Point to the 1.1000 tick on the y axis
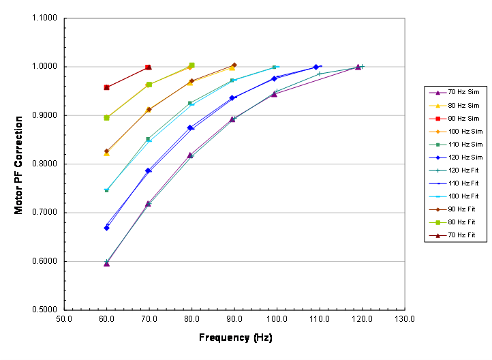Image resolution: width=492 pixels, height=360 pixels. click(x=45, y=18)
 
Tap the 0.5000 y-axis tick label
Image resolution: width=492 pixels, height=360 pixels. click(x=45, y=310)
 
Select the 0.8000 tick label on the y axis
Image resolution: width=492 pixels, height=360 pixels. click(x=45, y=164)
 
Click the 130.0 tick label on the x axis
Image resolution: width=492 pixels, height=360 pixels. click(x=405, y=318)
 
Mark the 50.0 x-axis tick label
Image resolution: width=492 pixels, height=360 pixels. click(x=65, y=318)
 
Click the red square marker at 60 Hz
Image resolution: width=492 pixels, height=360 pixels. click(x=106, y=87)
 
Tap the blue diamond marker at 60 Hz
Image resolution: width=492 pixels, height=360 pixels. click(x=107, y=228)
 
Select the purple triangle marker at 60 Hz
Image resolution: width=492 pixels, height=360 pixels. click(x=106, y=263)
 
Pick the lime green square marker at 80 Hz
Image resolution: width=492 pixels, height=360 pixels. click(x=191, y=65)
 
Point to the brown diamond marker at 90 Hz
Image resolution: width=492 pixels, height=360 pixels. click(x=234, y=65)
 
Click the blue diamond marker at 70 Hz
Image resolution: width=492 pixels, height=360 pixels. click(x=148, y=170)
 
